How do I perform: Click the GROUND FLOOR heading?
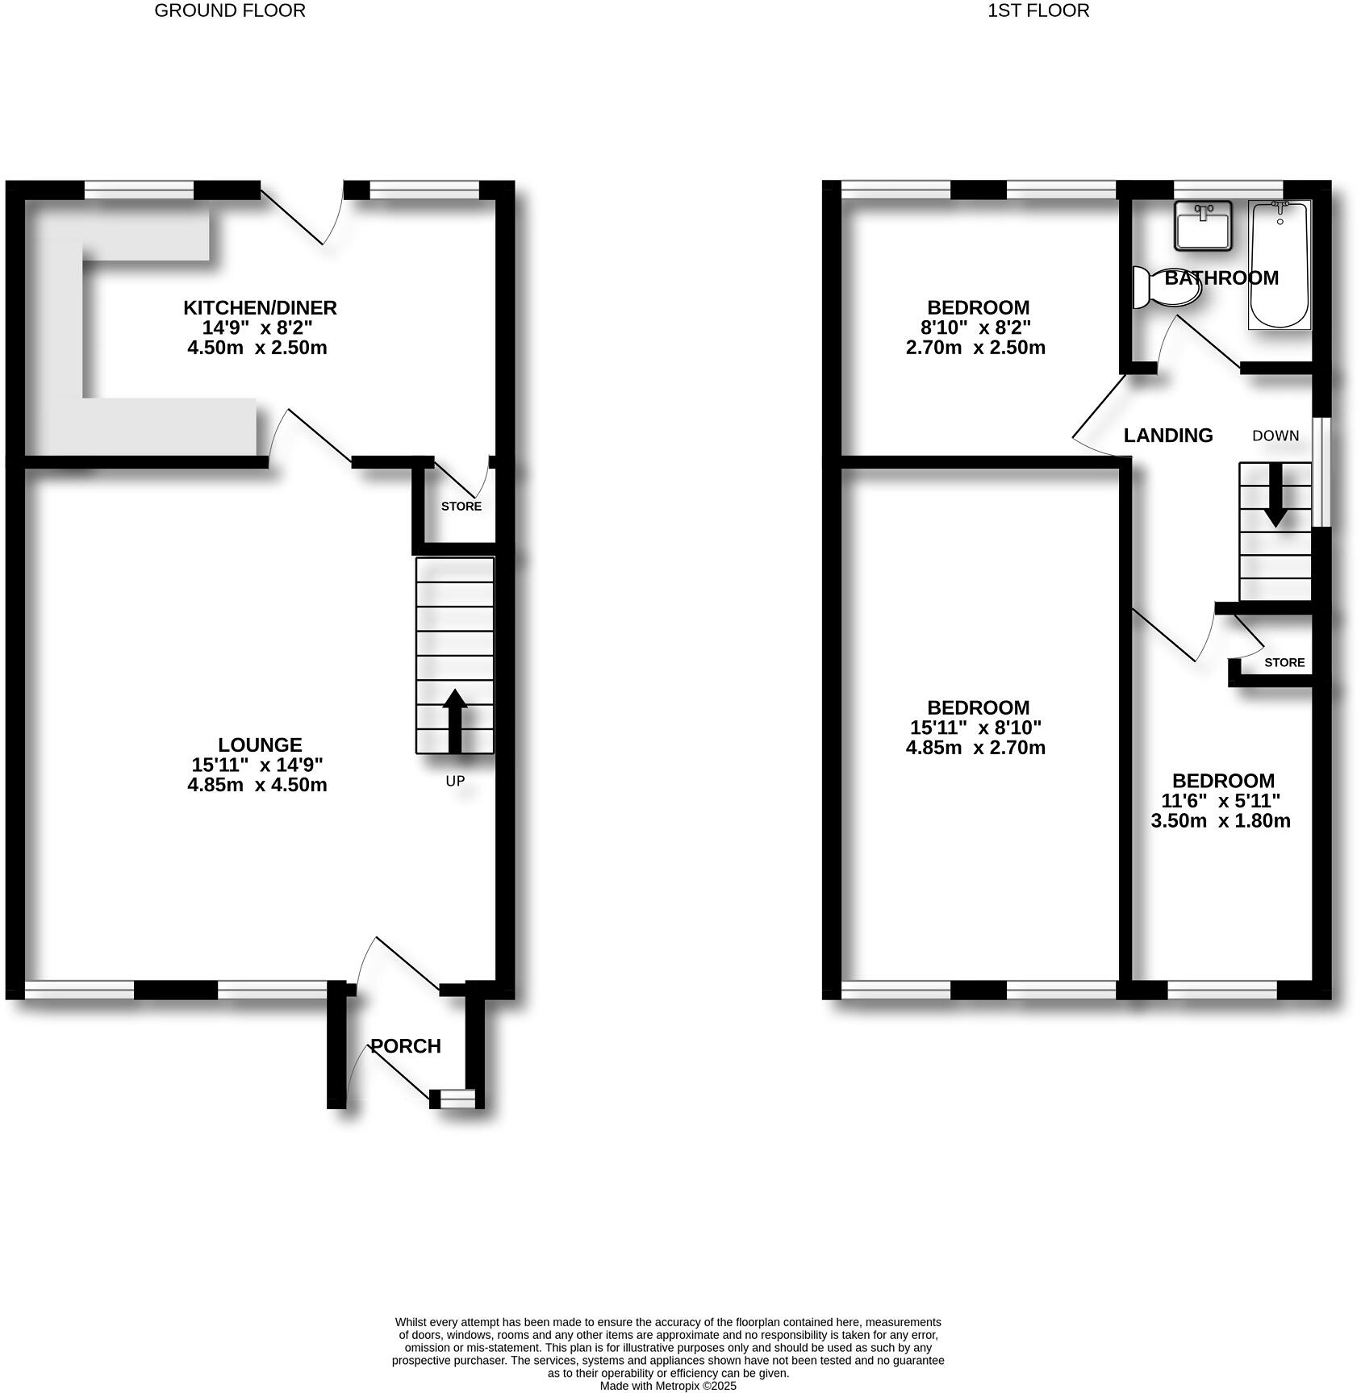230,10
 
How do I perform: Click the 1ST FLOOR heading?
1038,10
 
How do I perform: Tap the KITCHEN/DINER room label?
260,307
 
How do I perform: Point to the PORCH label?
406,1046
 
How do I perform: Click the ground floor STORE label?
461,507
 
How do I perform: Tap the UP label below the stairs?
455,781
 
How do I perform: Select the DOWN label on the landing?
1275,436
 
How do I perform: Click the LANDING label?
1168,436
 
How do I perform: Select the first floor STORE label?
1284,662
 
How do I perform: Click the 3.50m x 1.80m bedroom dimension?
1221,821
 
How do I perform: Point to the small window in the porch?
457,1097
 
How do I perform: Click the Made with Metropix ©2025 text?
668,1386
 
